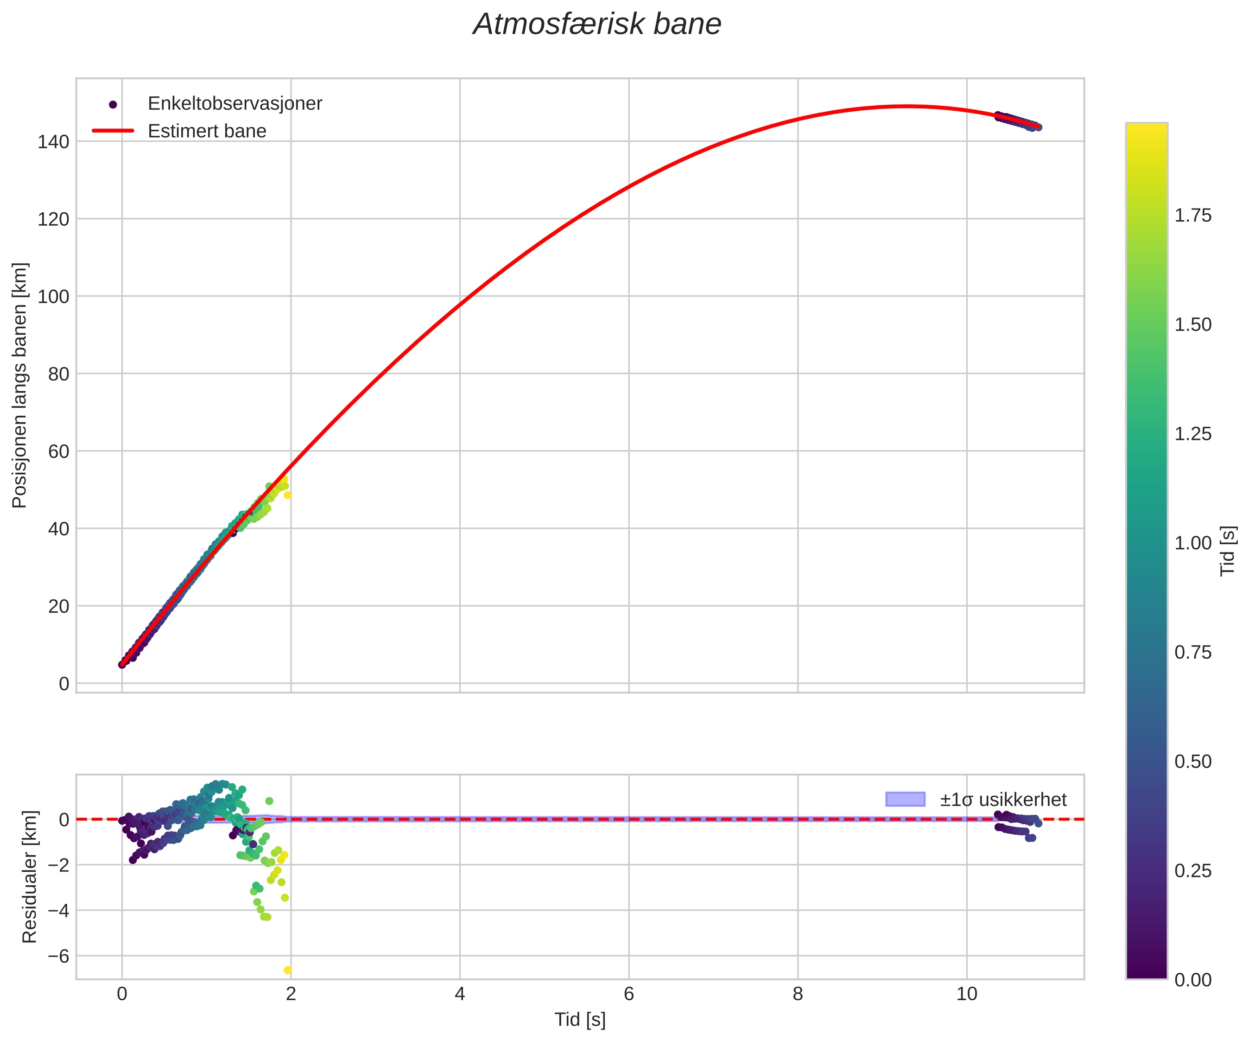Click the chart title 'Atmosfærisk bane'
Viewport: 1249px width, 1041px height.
click(x=596, y=25)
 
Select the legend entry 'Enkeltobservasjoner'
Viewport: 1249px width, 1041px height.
click(x=235, y=103)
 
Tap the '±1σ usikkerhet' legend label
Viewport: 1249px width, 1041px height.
click(x=1003, y=800)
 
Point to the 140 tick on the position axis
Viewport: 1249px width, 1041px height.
click(x=54, y=141)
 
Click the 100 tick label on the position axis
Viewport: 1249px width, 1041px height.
click(x=54, y=296)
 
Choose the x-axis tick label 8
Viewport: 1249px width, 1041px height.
click(x=798, y=994)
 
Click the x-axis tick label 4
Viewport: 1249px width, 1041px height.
click(x=460, y=994)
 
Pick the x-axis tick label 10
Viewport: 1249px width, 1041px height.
click(x=966, y=994)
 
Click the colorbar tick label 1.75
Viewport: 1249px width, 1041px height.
click(x=1192, y=216)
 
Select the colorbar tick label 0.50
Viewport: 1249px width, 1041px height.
click(x=1192, y=762)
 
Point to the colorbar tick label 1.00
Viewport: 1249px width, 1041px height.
click(x=1192, y=543)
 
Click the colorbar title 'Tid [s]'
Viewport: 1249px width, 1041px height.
click(x=1228, y=550)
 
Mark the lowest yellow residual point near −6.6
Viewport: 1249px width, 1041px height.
click(x=287, y=970)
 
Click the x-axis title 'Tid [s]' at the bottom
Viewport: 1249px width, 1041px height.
click(x=580, y=1020)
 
